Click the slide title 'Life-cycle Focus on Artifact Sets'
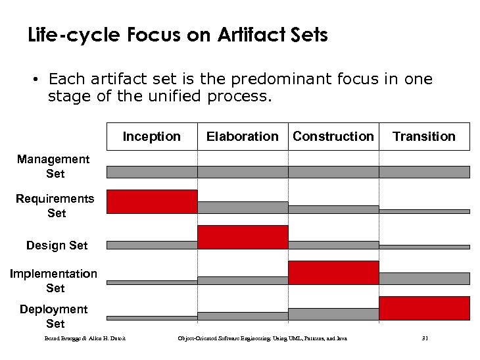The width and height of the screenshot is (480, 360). (x=178, y=35)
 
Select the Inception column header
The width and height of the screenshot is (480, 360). (x=151, y=136)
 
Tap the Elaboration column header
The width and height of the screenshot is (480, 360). (x=242, y=136)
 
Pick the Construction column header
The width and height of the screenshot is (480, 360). (x=333, y=136)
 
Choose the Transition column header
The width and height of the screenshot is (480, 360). (x=423, y=136)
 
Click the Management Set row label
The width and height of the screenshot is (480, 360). (x=54, y=167)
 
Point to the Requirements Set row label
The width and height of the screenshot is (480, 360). (x=55, y=205)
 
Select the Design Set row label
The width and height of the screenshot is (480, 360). (x=57, y=245)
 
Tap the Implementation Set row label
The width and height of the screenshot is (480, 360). (x=54, y=280)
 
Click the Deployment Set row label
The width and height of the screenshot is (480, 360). (x=54, y=317)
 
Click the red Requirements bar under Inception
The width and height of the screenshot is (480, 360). (x=152, y=201)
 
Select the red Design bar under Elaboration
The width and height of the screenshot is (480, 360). (x=243, y=237)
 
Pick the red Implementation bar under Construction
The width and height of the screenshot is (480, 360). (x=333, y=272)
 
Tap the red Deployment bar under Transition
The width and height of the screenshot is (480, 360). (x=424, y=308)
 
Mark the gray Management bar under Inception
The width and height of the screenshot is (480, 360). (x=152, y=172)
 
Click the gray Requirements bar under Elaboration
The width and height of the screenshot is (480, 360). (x=243, y=207)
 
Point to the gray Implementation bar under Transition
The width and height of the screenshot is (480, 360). (x=424, y=278)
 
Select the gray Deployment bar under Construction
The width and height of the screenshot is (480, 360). (x=333, y=314)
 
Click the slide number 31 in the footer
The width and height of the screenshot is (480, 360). (x=425, y=338)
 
